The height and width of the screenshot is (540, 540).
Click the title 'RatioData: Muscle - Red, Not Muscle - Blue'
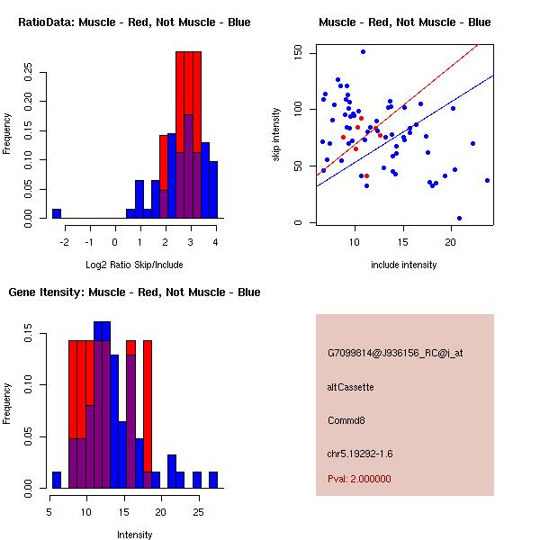click(x=135, y=22)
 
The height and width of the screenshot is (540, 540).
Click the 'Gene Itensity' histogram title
click(x=135, y=292)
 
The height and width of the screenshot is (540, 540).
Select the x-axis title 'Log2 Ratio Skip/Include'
click(x=134, y=265)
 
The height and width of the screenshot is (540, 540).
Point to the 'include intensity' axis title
click(x=404, y=265)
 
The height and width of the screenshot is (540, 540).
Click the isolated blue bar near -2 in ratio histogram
click(x=56, y=213)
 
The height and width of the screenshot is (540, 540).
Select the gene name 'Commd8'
click(x=346, y=420)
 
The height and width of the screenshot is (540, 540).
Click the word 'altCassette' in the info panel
click(x=351, y=387)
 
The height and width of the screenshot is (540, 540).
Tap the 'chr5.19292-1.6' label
click(x=360, y=453)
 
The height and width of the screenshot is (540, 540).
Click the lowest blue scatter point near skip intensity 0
click(x=459, y=218)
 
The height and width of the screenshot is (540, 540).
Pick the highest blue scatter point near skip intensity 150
click(x=363, y=51)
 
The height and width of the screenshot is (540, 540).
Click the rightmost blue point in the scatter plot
click(x=487, y=180)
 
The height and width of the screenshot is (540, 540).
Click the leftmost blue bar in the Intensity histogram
click(x=56, y=479)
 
